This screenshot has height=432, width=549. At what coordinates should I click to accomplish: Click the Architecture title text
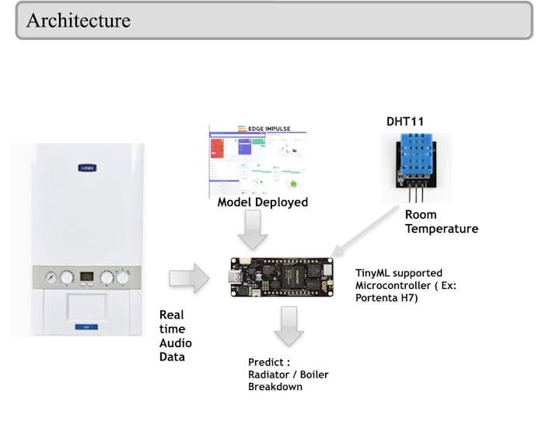click(79, 20)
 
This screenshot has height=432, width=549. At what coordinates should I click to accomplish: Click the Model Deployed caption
click(262, 202)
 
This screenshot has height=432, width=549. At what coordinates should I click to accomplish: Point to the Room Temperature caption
click(441, 222)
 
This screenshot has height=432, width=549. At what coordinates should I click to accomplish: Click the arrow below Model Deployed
click(252, 230)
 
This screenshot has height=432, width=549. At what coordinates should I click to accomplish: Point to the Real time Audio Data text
click(175, 335)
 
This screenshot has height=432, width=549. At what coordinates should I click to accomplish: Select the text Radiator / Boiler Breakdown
click(288, 381)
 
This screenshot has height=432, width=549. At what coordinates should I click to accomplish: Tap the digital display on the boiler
click(87, 276)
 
